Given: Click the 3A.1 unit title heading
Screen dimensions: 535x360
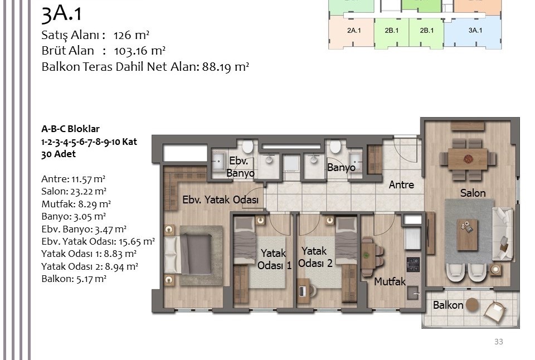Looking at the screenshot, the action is (x=61, y=14).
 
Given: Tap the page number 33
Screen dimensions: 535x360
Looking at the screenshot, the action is (x=498, y=342).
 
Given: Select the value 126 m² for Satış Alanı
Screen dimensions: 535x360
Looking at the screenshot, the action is (x=132, y=35).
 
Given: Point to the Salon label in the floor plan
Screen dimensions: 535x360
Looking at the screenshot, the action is (x=473, y=193).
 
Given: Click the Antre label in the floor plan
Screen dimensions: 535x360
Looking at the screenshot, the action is (x=401, y=184).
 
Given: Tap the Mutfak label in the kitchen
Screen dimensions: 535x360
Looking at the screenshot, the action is (x=390, y=281).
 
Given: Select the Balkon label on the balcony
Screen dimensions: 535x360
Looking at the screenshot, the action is (x=448, y=305).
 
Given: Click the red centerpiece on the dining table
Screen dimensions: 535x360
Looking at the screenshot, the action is (x=468, y=159).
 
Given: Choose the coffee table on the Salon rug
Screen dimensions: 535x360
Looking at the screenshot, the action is (x=467, y=235).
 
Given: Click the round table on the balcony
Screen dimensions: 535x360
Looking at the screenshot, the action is (x=473, y=305).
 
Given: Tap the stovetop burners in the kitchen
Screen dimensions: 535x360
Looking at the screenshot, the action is (x=413, y=265).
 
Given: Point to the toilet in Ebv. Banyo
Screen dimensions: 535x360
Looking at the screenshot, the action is (x=247, y=147).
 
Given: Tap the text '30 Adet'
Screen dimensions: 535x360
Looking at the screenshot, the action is (x=59, y=154).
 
